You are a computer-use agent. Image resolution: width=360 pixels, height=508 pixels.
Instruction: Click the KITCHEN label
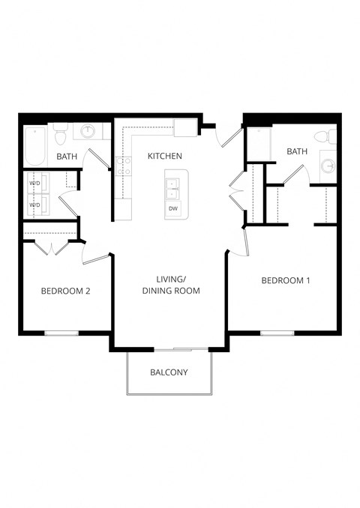(x=164, y=156)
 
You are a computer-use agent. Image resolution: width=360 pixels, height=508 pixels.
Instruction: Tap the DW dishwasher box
(x=173, y=208)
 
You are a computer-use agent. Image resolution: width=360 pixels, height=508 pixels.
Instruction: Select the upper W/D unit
(x=36, y=184)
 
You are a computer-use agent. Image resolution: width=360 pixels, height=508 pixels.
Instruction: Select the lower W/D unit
(x=36, y=204)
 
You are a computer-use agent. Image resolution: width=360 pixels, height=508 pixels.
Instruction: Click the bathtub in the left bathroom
(x=34, y=146)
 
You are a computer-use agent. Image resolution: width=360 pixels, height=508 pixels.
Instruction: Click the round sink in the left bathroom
(x=88, y=132)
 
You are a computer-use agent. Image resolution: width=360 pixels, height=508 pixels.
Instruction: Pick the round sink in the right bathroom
(x=328, y=166)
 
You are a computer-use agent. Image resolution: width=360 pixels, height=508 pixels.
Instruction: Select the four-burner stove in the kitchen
(x=124, y=166)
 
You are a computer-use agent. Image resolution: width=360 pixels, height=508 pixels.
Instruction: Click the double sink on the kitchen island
(x=173, y=188)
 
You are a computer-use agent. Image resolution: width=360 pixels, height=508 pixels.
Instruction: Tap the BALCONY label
(x=169, y=372)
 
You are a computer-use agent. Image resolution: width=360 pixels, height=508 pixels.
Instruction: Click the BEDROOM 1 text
(x=285, y=281)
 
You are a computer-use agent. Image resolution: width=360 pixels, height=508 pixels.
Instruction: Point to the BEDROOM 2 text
(x=65, y=291)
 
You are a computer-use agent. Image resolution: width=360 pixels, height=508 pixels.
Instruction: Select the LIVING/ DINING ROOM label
(x=171, y=285)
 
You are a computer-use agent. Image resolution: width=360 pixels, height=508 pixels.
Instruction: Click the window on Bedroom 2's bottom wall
(x=61, y=333)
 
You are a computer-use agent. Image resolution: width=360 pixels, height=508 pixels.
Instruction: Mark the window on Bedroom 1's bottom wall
(x=277, y=333)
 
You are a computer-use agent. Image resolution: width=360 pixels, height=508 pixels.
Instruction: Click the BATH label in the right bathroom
(x=297, y=152)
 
